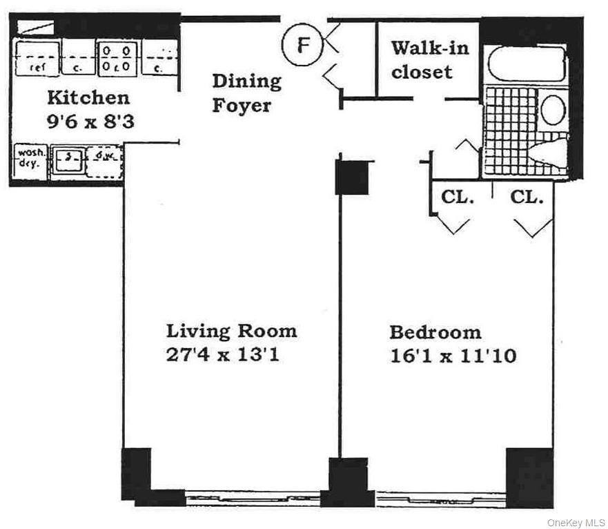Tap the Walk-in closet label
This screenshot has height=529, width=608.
point(429,60)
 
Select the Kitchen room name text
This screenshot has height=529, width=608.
point(88,97)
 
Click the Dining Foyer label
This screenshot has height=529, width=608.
point(246,93)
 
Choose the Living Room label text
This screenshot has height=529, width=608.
point(231,330)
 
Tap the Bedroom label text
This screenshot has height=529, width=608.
point(435,332)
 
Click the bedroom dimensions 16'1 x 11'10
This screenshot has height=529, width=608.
point(453,356)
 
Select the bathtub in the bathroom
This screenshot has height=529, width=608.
point(526,64)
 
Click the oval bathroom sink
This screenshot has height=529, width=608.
point(552,110)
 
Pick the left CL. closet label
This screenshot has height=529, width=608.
point(458,197)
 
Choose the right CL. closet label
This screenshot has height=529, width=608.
point(527,197)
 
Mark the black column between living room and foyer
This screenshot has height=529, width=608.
point(352,177)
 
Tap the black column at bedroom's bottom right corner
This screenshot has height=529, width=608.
point(529,477)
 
